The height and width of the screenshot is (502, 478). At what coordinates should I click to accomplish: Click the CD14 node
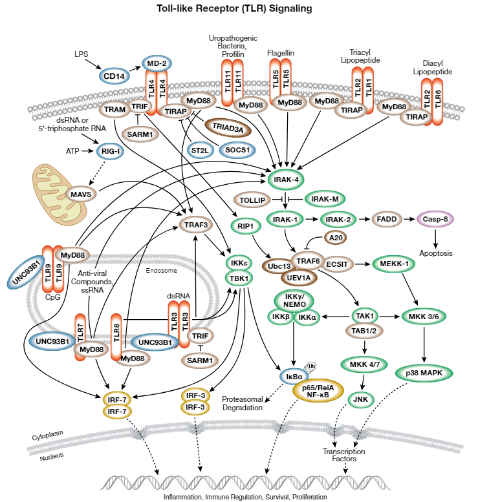(x=114, y=77)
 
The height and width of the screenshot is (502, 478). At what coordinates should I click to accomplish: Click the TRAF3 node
(x=197, y=225)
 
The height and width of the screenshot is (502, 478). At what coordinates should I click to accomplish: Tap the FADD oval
(x=389, y=220)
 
